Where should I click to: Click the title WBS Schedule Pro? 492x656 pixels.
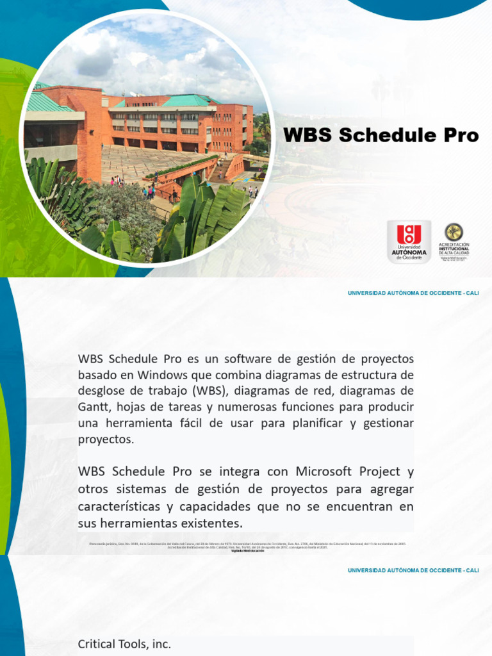[x=381, y=136]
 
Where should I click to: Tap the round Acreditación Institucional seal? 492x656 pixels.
[x=454, y=231]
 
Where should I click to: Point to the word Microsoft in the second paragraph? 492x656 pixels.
[x=324, y=472]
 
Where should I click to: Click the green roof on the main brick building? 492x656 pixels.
[x=185, y=101]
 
